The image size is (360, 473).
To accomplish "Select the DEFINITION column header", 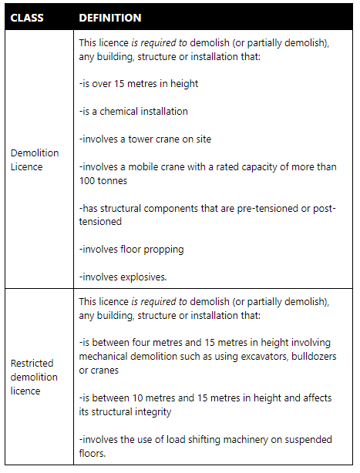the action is click(110, 17).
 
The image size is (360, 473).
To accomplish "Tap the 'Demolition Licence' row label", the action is click(34, 159).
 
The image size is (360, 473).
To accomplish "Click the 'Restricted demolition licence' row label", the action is click(34, 377).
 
